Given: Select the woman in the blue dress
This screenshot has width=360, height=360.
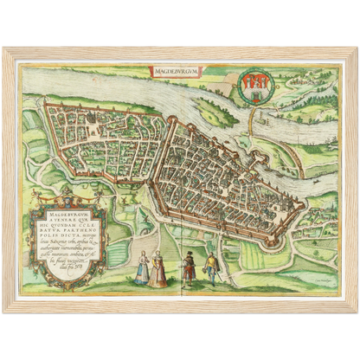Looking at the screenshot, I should (142, 269).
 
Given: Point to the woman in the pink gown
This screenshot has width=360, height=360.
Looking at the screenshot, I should (158, 270).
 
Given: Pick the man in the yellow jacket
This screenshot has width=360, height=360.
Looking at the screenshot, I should (210, 268).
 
